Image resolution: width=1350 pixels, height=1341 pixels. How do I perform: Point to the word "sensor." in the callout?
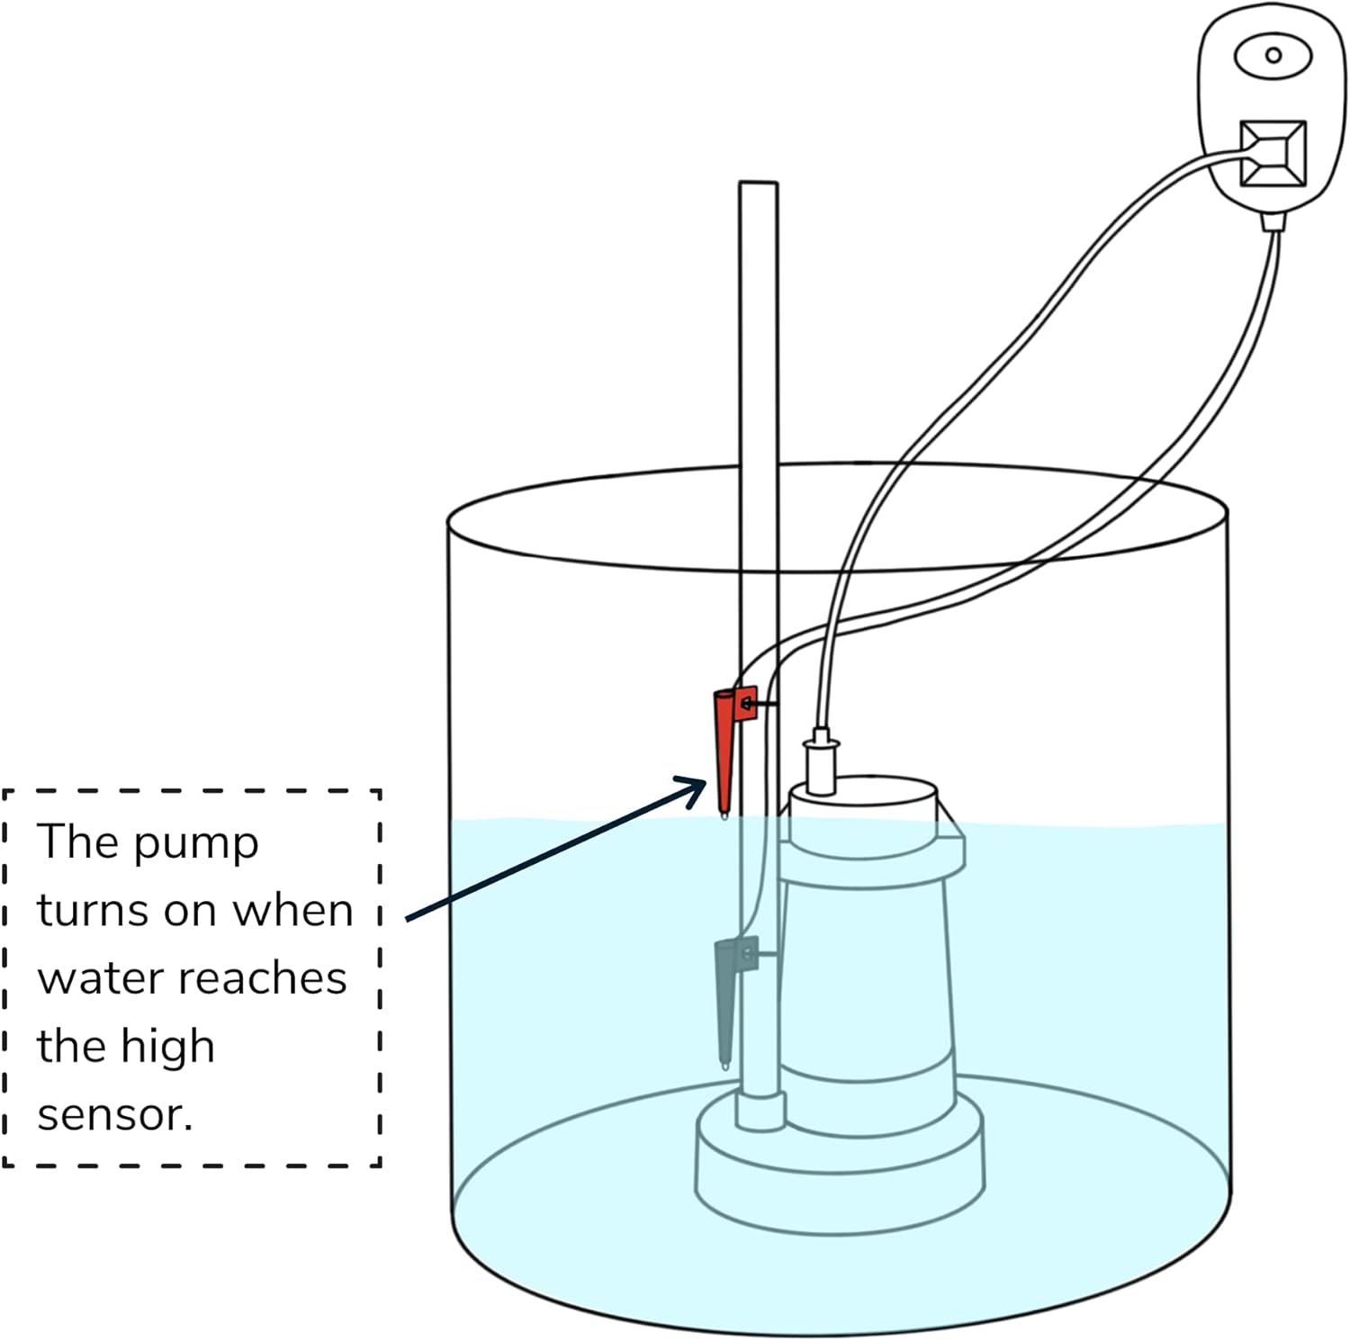click(x=114, y=1115)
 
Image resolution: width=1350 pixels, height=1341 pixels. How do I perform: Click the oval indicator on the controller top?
click(x=1272, y=56)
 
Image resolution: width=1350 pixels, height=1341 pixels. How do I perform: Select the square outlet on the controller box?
click(x=1273, y=154)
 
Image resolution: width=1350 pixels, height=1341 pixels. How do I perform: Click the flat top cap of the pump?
click(x=862, y=796)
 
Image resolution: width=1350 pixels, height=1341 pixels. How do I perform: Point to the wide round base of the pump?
click(x=839, y=1170)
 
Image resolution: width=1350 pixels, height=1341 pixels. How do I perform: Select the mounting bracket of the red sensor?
click(x=746, y=703)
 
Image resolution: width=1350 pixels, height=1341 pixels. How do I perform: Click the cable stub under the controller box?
click(x=1272, y=221)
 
